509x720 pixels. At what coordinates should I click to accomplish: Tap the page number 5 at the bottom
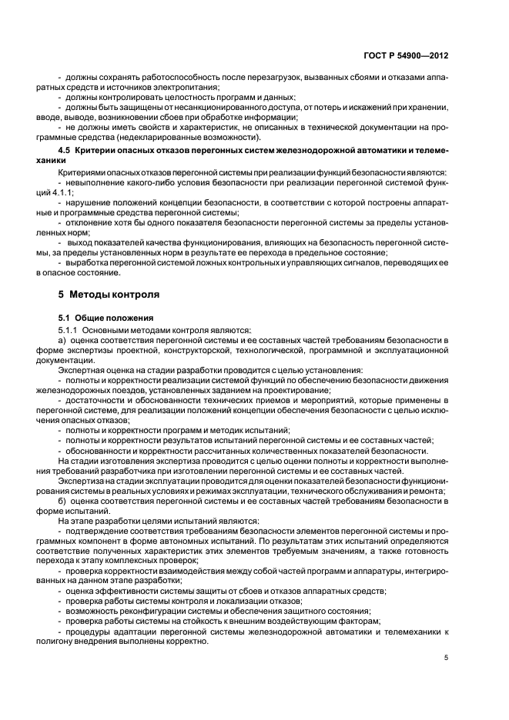pos(446,658)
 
